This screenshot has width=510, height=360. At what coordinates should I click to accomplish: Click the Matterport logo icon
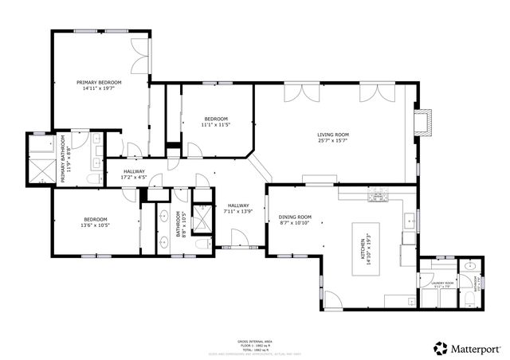pyautogui.click(x=439, y=346)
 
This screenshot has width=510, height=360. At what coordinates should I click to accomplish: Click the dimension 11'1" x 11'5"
pyautogui.click(x=215, y=125)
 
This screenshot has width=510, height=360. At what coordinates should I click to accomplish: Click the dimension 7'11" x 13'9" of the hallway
pyautogui.click(x=238, y=211)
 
